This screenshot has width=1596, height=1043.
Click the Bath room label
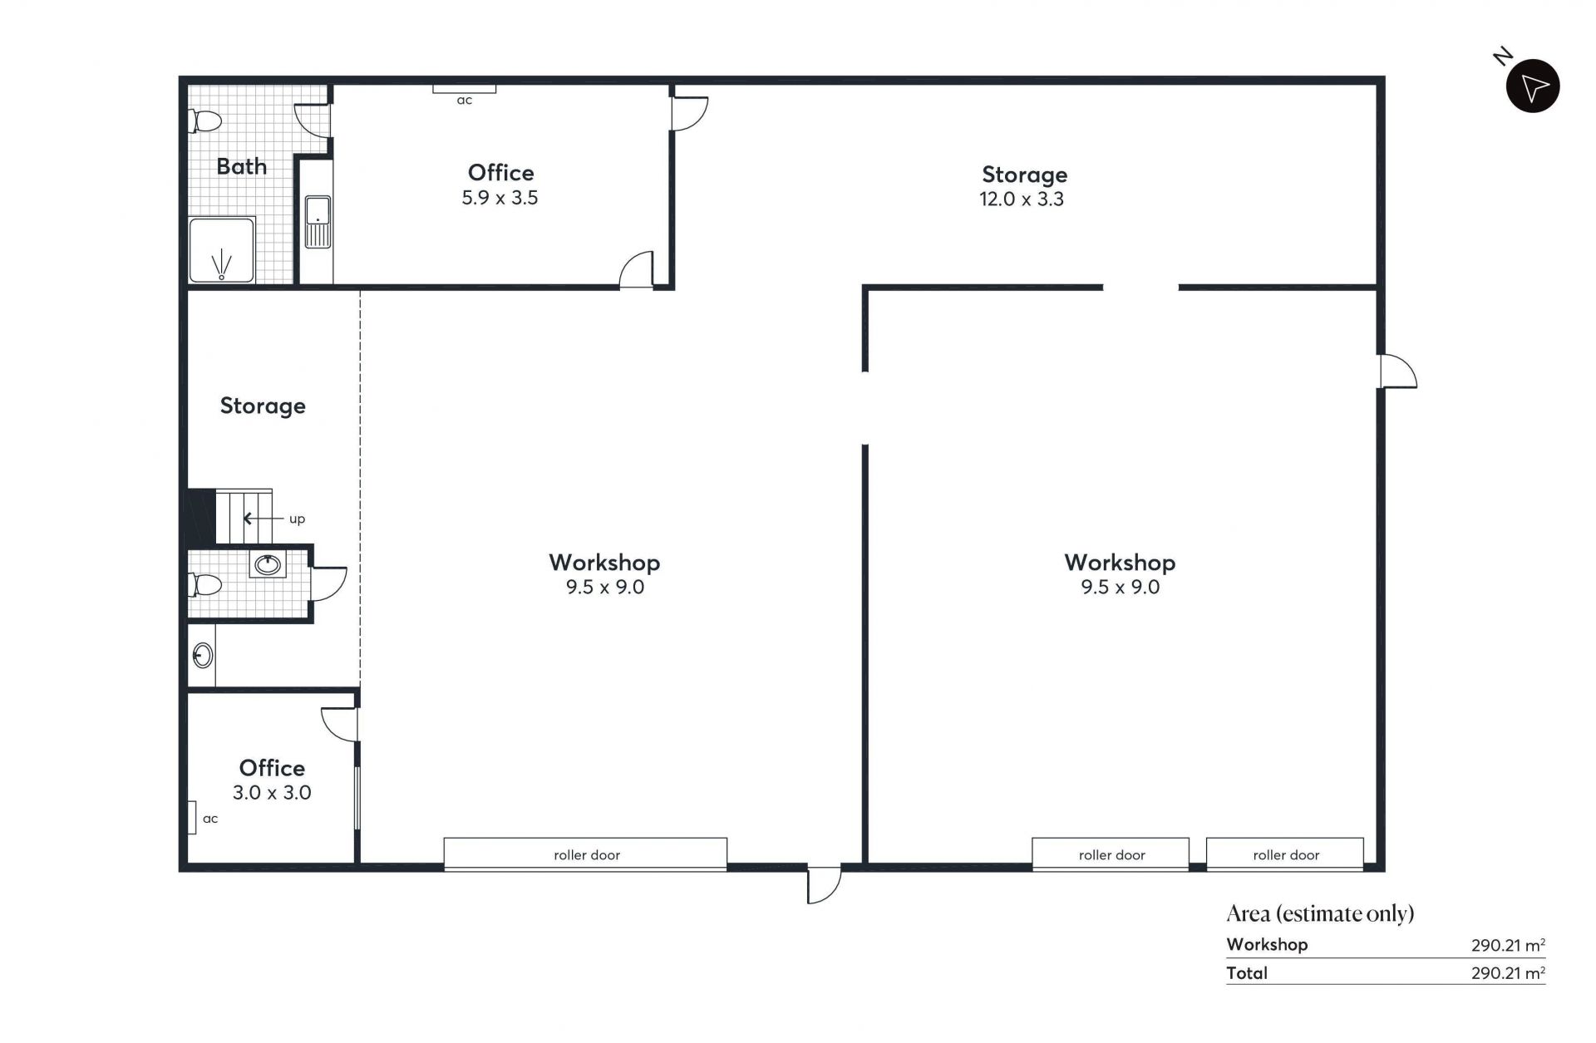[x=241, y=166]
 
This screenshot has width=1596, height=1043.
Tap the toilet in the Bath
[x=205, y=121]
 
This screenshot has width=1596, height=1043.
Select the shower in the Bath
[x=221, y=250]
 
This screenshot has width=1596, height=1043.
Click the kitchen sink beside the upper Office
[x=318, y=222]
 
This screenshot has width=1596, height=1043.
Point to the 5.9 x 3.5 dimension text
[x=500, y=198]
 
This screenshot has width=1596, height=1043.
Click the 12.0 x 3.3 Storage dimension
[x=1022, y=199]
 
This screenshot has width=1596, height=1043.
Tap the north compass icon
[x=1533, y=86]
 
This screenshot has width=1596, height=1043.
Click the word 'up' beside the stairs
[x=297, y=519]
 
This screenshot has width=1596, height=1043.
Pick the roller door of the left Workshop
[x=585, y=854]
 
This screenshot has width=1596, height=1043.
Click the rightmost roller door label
[x=1286, y=855]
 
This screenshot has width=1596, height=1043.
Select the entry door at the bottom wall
[x=824, y=884]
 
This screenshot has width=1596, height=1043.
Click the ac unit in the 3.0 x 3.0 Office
[x=190, y=818]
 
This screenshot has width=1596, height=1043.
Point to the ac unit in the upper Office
[x=464, y=88]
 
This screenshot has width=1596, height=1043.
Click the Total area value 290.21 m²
[x=1508, y=972]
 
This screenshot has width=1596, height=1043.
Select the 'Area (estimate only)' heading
[x=1320, y=914]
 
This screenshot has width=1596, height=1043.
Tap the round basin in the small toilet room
[x=268, y=565]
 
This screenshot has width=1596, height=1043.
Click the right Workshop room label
[x=1120, y=563]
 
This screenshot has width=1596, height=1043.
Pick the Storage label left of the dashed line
[x=263, y=406]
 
